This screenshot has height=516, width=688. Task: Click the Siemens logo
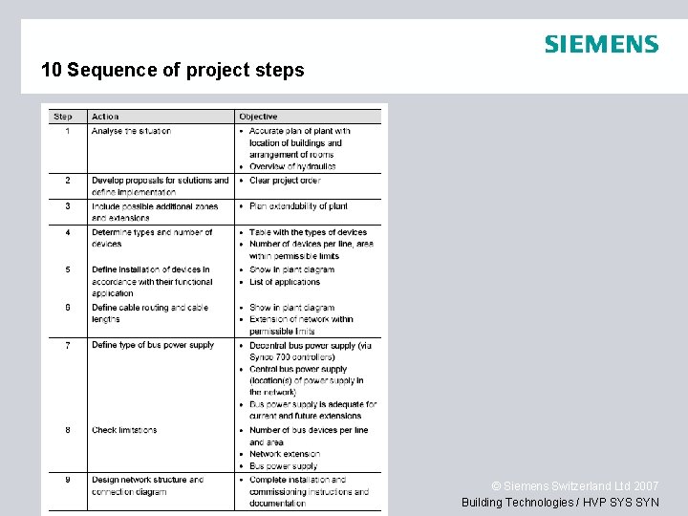601,44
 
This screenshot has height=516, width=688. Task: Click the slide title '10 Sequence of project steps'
173,71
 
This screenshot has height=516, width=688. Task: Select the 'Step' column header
63,117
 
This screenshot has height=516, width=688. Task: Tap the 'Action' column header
105,117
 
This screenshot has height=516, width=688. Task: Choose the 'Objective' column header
258,117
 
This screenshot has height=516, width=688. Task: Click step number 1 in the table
67,131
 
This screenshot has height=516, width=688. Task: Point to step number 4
67,232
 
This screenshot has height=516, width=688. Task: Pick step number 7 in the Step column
67,345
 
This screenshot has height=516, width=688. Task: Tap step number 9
67,480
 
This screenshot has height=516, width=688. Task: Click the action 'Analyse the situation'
131,131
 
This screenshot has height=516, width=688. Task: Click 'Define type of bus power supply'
153,345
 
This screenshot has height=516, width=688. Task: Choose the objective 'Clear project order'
285,180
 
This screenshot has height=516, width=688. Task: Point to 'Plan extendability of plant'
298,206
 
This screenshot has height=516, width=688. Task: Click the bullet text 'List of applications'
285,282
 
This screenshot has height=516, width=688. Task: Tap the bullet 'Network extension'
285,454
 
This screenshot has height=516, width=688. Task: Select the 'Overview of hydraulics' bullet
292,166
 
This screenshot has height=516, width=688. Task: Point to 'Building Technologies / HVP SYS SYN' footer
560,503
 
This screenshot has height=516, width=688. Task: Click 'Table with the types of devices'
308,232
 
